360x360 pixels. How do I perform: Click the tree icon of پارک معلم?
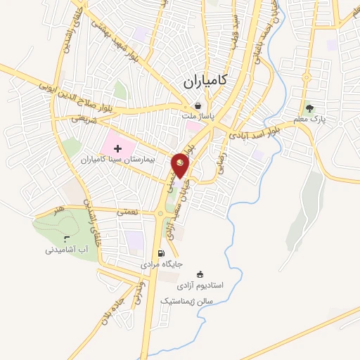click(x=309, y=108)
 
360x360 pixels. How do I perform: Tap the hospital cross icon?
click(x=117, y=148)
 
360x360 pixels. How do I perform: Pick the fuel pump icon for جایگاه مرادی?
click(x=161, y=254)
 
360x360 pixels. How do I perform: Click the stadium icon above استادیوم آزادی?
click(x=199, y=274)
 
